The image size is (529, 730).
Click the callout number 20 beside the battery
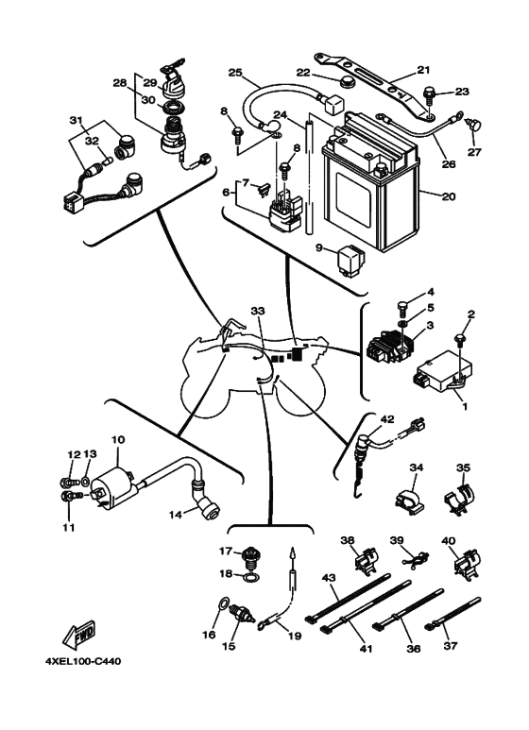coord(449,198)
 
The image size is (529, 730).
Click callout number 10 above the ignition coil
coord(118,440)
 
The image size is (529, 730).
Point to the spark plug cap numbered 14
coord(204,508)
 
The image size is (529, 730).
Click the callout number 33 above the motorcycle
coord(259,311)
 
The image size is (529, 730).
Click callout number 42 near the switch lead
coord(386,419)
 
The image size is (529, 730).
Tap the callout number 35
coord(463,467)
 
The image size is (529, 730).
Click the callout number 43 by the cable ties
coord(330,577)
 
